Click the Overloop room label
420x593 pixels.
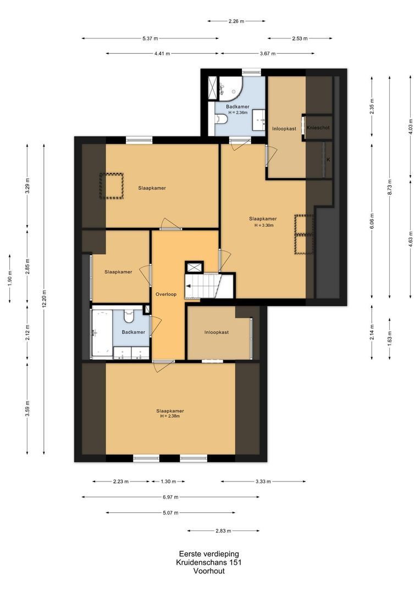tap(166, 294)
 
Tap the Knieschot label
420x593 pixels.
tap(318, 128)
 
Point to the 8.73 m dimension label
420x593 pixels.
tap(390, 187)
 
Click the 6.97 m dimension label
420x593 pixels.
tap(170, 497)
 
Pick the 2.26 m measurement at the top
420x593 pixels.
tap(236, 21)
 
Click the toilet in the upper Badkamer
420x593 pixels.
tap(221, 120)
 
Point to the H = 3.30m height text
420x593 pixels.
tap(264, 226)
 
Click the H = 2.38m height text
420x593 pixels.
tap(170, 416)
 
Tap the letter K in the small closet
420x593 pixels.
tap(328, 160)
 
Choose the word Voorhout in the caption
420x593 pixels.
tap(209, 571)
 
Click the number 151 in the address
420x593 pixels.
tap(234, 562)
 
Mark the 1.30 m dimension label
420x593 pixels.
tap(168, 482)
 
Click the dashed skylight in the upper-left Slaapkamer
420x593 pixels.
tap(112, 186)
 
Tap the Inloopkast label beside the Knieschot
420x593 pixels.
tap(284, 129)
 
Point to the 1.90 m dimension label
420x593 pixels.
tap(10, 278)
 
